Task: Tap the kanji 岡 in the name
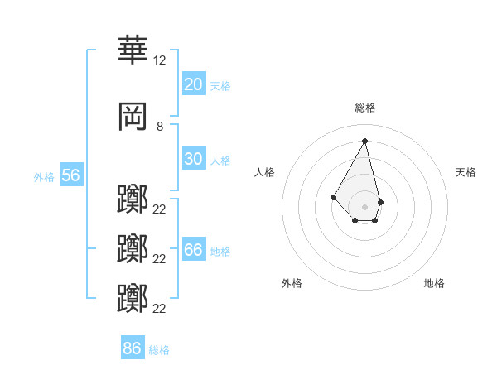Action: [133, 117]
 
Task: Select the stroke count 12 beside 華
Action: [159, 60]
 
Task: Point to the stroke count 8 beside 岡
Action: [159, 127]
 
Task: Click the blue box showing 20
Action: [193, 84]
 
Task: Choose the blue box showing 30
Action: [193, 159]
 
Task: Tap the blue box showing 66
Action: [193, 251]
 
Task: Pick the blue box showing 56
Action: [70, 175]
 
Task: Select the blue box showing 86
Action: [132, 348]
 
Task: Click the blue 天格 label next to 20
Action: [220, 85]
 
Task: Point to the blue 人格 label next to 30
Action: [220, 160]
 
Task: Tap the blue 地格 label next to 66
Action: [220, 252]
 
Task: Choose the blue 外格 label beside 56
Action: [44, 176]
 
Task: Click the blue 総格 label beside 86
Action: [159, 349]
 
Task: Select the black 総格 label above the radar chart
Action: [364, 108]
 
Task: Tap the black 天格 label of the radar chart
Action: [466, 172]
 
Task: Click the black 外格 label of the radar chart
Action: [292, 283]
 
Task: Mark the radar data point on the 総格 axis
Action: [364, 141]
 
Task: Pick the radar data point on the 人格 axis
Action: [333, 196]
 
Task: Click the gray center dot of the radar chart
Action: [364, 206]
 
